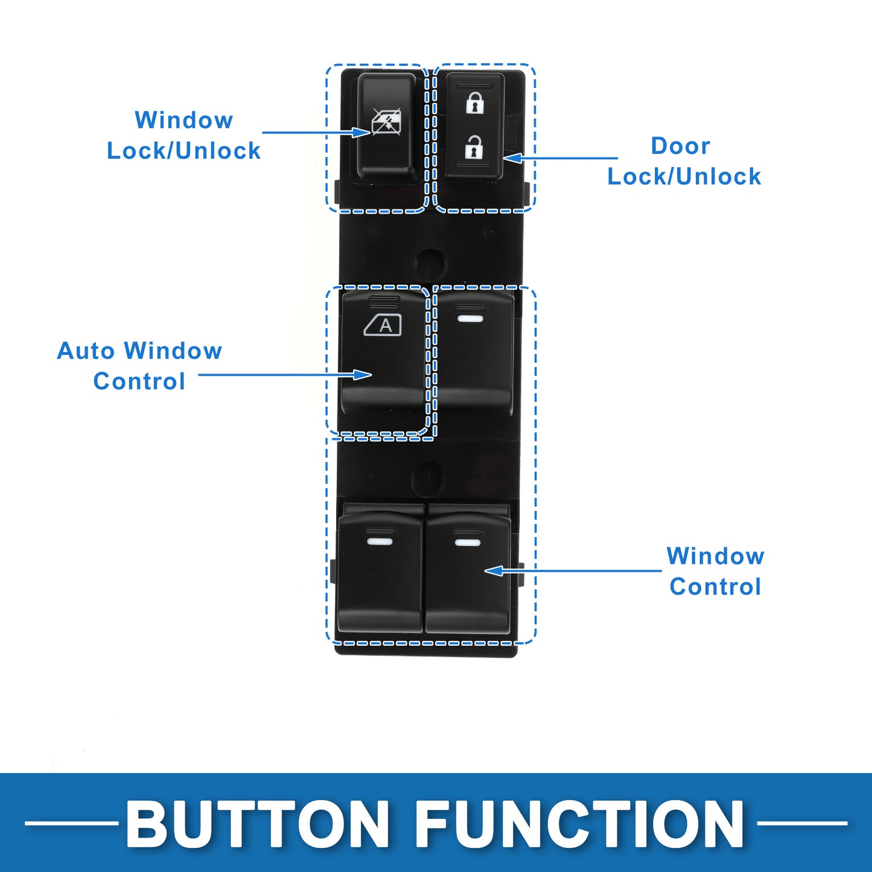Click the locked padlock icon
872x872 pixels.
pyautogui.click(x=475, y=103)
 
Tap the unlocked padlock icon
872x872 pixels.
pyautogui.click(x=474, y=147)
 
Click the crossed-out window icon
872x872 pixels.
pyautogui.click(x=386, y=122)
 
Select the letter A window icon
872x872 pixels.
pyautogui.click(x=383, y=325)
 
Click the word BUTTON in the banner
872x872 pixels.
pyautogui.click(x=258, y=824)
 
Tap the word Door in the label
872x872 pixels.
pyautogui.click(x=680, y=146)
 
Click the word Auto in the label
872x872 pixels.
pyautogui.click(x=86, y=351)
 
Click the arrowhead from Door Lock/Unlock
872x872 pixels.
pyautogui.click(x=511, y=159)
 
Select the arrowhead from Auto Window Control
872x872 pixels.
pyautogui.click(x=363, y=375)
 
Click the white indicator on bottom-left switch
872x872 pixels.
pyautogui.click(x=380, y=541)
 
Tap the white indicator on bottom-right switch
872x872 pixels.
pyautogui.click(x=468, y=542)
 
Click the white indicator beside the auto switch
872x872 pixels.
pyautogui.click(x=471, y=318)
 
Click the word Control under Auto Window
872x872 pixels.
pyautogui.click(x=139, y=381)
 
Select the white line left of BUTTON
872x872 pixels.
pyautogui.click(x=71, y=823)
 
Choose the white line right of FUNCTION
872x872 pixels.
pyautogui.click(x=802, y=823)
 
